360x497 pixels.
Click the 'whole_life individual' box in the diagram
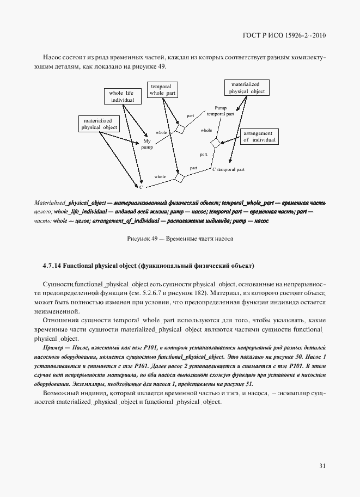click(x=122, y=96)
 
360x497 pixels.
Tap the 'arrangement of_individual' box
click(x=259, y=136)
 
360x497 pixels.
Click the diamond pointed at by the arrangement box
click(x=216, y=143)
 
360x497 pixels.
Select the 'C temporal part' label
click(x=228, y=170)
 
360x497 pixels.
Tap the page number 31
click(x=322, y=465)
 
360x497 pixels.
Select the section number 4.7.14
click(x=51, y=266)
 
